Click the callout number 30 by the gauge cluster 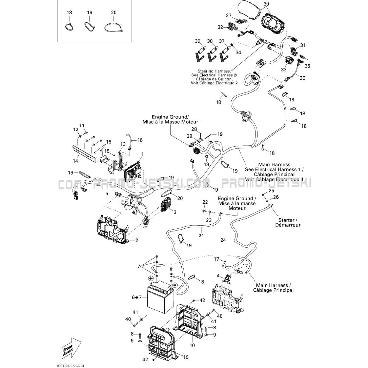[266, 4]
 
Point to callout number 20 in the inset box [114, 13]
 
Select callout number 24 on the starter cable [223, 240]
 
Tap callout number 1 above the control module [142, 154]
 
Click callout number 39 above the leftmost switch [198, 41]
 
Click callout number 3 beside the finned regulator [175, 212]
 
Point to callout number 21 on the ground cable [201, 236]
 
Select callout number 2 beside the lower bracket [137, 241]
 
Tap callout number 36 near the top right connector [302, 78]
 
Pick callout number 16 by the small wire [140, 140]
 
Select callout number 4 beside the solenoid [218, 275]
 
